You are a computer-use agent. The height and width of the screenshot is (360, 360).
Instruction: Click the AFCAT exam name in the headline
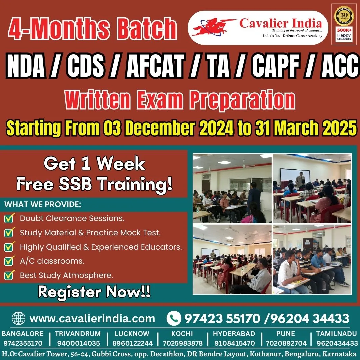[155, 65]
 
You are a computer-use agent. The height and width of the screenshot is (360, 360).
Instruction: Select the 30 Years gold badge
[344, 16]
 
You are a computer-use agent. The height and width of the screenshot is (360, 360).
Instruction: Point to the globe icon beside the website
[18, 318]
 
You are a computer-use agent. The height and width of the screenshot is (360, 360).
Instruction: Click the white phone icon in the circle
[174, 318]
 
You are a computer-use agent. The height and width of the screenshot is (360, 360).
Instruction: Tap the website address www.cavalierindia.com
[92, 319]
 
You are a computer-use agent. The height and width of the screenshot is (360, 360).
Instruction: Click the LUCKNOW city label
[132, 334]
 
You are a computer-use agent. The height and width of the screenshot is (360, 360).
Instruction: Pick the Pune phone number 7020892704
[286, 343]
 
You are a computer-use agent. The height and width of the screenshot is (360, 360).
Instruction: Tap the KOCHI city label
[182, 334]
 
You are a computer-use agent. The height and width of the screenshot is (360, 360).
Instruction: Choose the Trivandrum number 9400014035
[78, 343]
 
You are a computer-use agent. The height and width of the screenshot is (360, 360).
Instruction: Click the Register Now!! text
[94, 292]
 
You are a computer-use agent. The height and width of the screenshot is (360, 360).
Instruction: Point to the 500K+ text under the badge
[344, 30]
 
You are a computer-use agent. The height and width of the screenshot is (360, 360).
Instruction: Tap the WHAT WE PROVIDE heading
[43, 204]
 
